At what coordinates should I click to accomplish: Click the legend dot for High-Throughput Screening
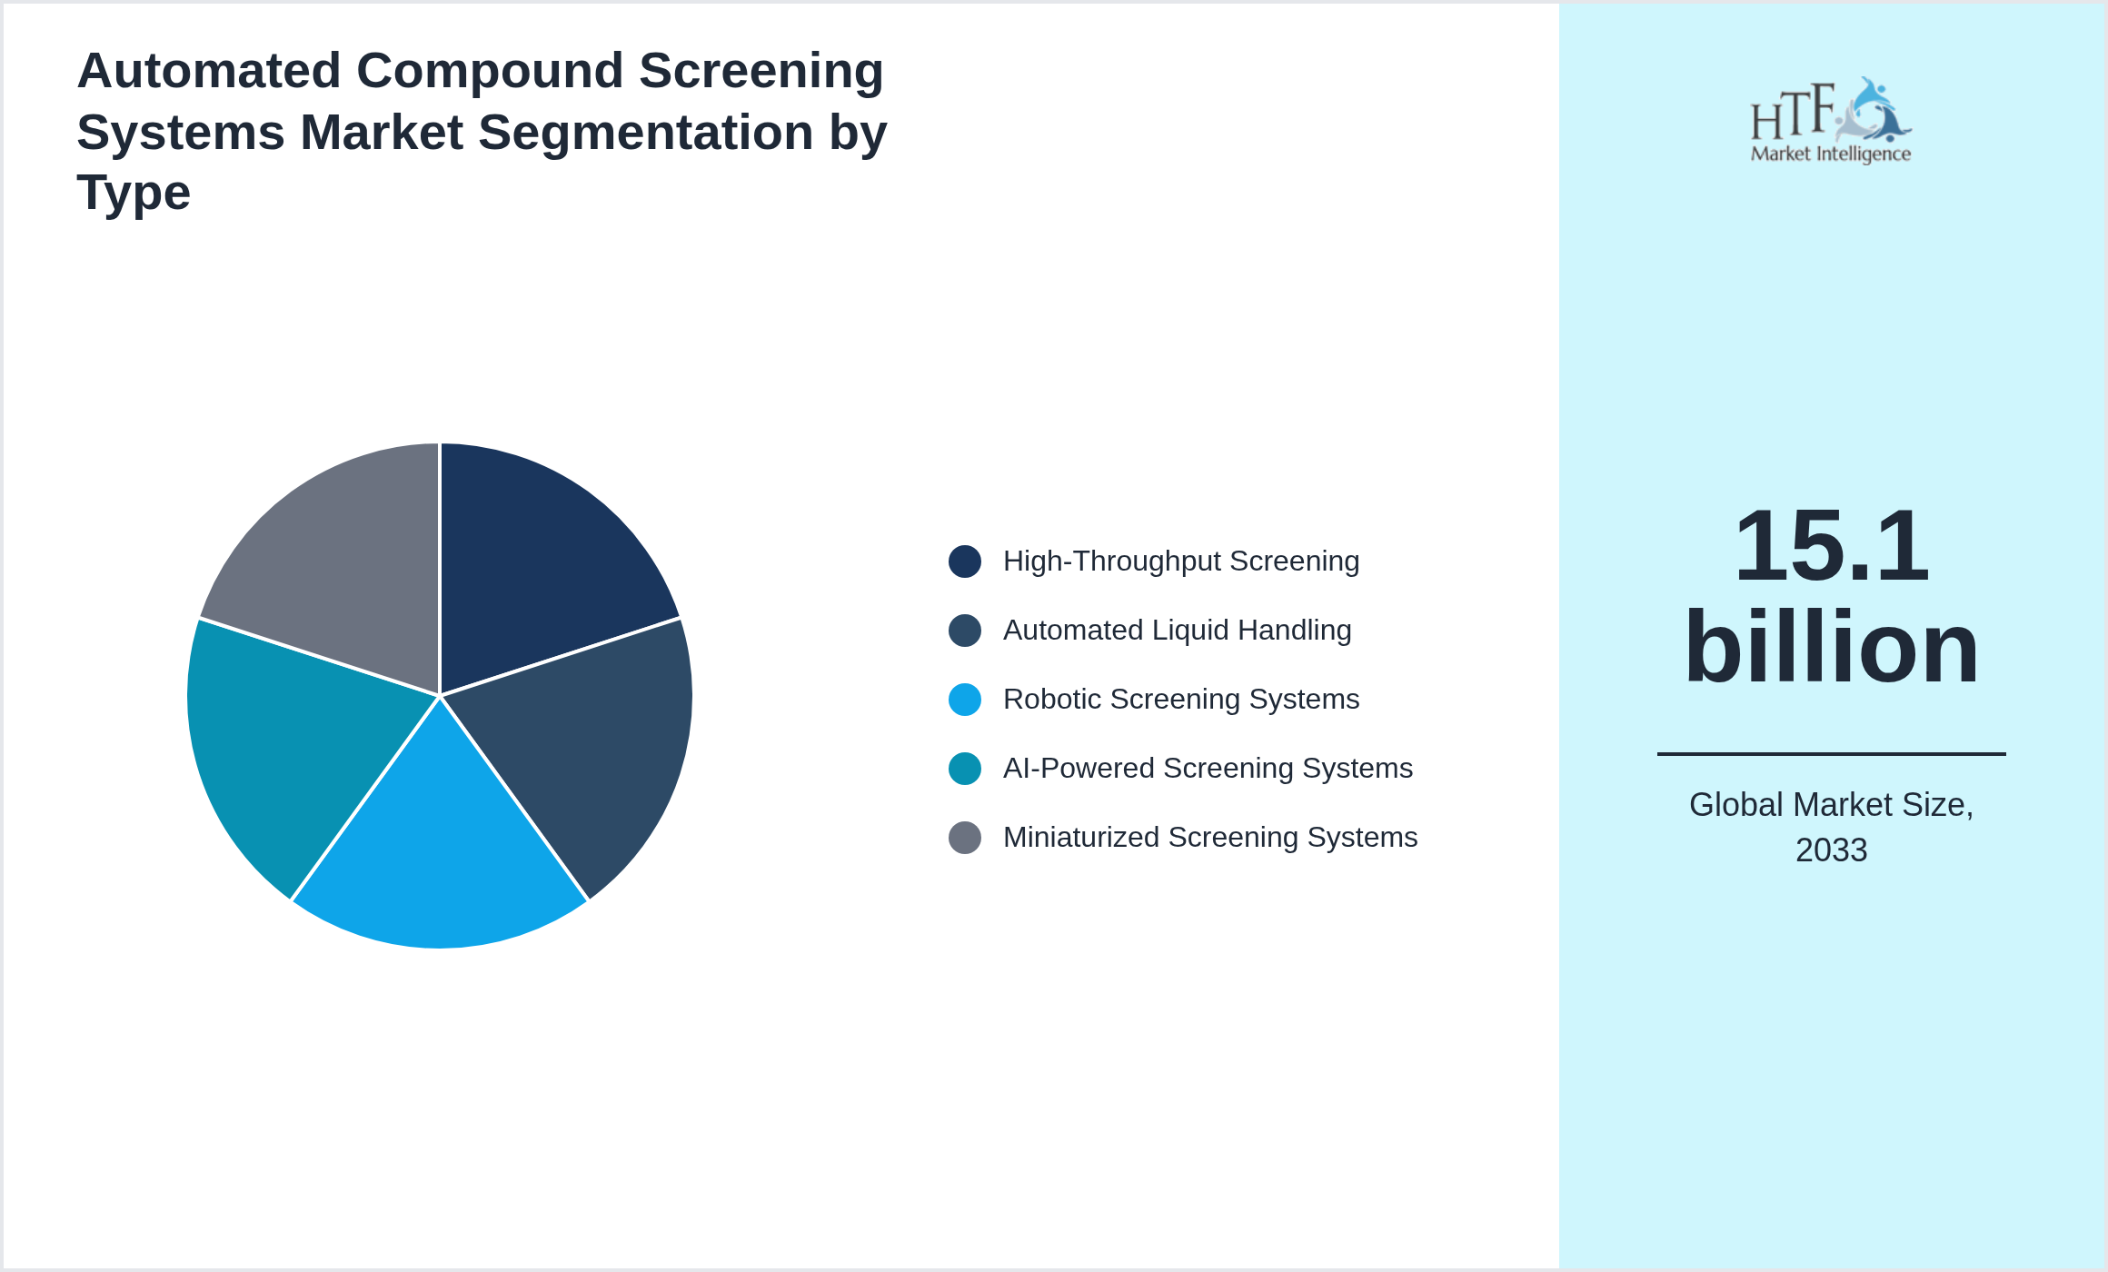964,561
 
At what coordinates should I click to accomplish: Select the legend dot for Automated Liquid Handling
964,631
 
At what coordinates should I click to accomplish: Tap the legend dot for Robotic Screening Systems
964,700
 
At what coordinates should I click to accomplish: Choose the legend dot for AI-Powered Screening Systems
964,769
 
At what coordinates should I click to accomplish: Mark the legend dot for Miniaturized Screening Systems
964,838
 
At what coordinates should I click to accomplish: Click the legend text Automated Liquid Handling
1177,631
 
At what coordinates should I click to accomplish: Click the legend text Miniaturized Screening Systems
1209,838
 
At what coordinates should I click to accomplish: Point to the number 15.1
1831,547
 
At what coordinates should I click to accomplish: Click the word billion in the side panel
1831,647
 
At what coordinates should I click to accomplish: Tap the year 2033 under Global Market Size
1831,850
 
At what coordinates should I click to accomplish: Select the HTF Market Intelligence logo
1831,121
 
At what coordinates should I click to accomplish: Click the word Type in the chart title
134,194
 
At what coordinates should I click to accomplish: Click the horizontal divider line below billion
1831,753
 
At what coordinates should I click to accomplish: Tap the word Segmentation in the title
646,133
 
